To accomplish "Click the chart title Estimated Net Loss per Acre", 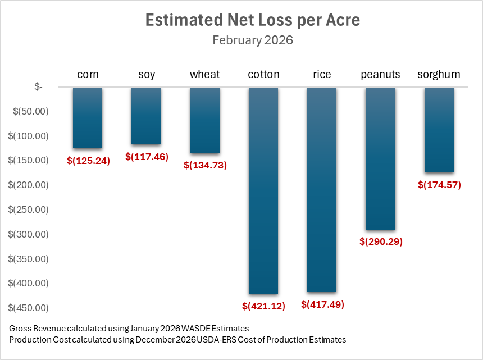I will coord(252,20).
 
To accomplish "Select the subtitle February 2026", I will coord(252,40).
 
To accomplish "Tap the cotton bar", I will coord(263,190).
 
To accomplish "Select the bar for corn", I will coord(88,117).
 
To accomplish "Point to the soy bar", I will coord(146,116).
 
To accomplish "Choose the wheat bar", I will coord(205,120).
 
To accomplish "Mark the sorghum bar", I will coord(439,130).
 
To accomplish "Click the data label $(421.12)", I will coord(263,306).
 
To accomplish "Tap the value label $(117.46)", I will coord(147,157).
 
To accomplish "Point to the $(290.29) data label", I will coord(381,242).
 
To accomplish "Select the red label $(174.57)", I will coord(439,184).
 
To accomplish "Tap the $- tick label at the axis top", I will coord(38,86).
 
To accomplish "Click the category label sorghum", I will coord(439,74).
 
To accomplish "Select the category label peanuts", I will coord(380,74).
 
